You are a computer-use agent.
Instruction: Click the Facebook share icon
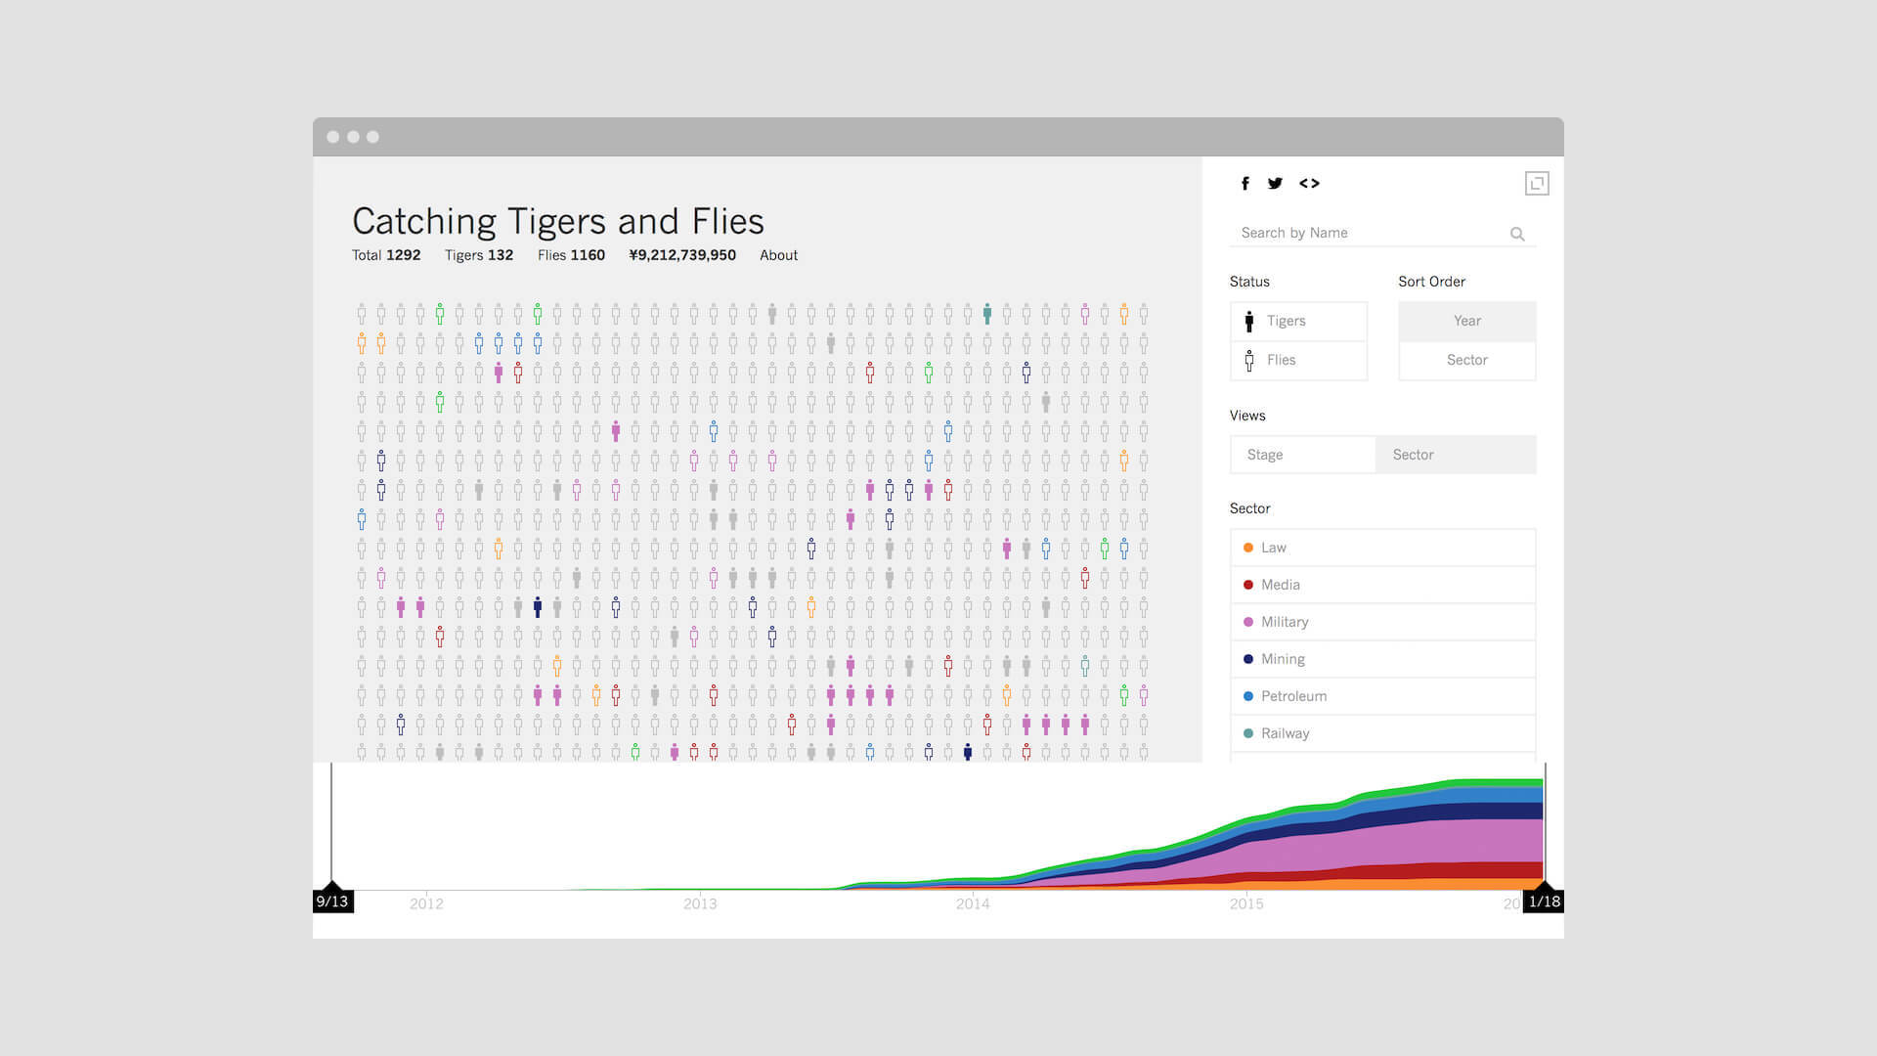(x=1245, y=183)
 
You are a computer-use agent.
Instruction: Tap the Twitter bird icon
(x=1275, y=183)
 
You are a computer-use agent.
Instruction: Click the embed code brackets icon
(x=1309, y=183)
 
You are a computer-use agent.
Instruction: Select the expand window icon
(x=1537, y=183)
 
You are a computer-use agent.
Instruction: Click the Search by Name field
(x=1369, y=233)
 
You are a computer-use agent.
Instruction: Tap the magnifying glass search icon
(x=1517, y=234)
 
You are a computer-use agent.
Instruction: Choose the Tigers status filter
(x=1298, y=321)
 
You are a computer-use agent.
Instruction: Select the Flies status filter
(x=1298, y=360)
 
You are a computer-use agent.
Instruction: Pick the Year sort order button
(x=1467, y=321)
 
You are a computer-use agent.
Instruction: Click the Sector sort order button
(x=1467, y=360)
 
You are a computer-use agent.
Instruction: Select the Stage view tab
(x=1302, y=455)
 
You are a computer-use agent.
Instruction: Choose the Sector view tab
(x=1456, y=455)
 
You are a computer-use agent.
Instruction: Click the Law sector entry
(x=1383, y=548)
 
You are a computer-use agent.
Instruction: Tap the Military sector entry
(x=1383, y=622)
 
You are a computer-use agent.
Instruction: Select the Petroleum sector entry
(x=1383, y=696)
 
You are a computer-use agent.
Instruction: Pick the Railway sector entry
(x=1383, y=733)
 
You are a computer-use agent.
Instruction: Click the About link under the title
(x=778, y=255)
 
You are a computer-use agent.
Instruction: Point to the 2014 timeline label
(x=973, y=903)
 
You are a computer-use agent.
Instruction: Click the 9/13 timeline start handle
(x=332, y=901)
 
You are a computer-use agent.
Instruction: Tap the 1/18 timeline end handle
(x=1544, y=901)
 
